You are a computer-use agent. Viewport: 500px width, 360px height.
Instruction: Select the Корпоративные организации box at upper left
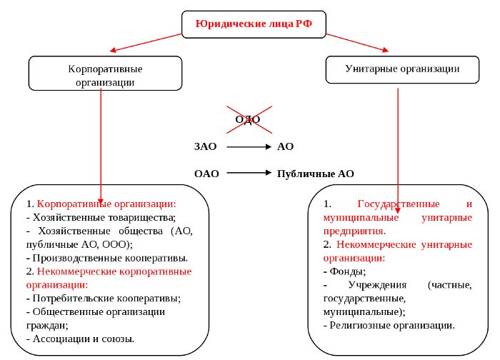click(106, 76)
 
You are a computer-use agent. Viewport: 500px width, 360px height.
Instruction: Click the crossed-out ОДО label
click(248, 120)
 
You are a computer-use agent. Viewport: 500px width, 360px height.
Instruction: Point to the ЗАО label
click(206, 146)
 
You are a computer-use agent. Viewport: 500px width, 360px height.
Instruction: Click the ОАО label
click(206, 174)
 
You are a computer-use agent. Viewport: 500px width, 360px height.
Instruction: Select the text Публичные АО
click(315, 174)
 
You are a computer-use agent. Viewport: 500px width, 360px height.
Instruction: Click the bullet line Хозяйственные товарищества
click(100, 216)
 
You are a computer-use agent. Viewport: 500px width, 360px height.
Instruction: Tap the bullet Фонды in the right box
click(346, 271)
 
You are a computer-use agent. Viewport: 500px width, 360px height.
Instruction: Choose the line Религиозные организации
click(390, 325)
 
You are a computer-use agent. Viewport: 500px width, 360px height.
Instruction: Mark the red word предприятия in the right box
click(354, 231)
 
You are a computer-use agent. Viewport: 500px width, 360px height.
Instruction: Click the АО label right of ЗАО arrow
click(285, 146)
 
